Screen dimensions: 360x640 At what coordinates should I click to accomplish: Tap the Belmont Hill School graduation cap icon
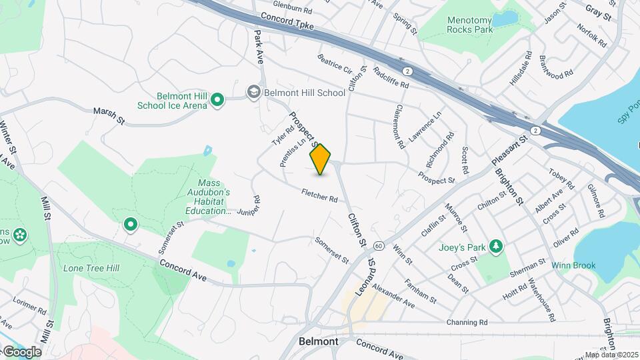[x=253, y=92]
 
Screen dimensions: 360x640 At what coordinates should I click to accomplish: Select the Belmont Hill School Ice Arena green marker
[x=217, y=101]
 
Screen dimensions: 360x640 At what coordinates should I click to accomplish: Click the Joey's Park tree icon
[x=495, y=247]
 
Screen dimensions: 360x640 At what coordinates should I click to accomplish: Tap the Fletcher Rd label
[x=319, y=195]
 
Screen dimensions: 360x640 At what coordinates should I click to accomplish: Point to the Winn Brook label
[x=573, y=265]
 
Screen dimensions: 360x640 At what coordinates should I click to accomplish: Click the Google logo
[x=22, y=351]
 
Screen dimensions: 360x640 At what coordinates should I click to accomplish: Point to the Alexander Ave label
[x=393, y=296]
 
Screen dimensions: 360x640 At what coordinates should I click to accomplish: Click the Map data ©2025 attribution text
[x=611, y=355]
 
